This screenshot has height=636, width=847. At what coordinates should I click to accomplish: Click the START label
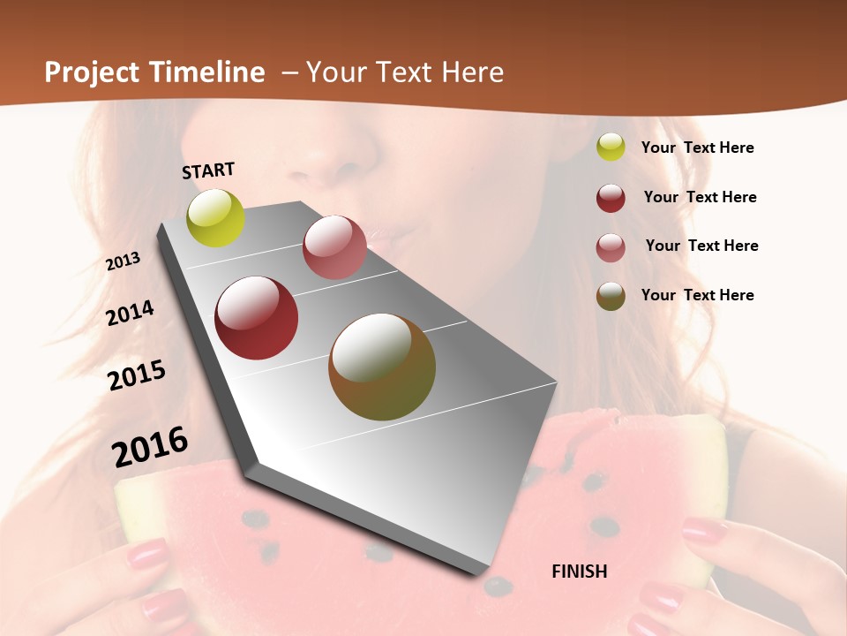(208, 170)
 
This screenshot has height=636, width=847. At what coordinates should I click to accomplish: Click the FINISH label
(580, 572)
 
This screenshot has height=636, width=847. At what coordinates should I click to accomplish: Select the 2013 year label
(123, 261)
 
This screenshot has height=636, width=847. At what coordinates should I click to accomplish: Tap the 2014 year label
(130, 314)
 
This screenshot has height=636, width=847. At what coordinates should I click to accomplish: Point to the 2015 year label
(137, 375)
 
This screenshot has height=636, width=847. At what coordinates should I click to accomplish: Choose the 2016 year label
(150, 446)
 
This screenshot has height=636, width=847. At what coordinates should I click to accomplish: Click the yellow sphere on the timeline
(216, 217)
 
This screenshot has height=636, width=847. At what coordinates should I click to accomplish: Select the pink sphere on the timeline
(334, 247)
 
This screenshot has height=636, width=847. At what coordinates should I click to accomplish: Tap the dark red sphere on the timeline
(257, 318)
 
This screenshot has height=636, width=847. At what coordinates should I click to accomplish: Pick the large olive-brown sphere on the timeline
(382, 367)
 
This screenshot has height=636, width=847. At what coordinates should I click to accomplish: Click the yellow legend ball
(611, 148)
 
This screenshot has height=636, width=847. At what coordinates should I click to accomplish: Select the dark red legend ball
(611, 198)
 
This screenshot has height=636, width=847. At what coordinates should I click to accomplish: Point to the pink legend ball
(611, 247)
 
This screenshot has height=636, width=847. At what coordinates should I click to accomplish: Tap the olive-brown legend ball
(611, 296)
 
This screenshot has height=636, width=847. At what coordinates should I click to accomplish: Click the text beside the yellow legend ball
(697, 148)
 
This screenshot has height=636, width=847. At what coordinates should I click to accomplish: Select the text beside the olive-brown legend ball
(697, 295)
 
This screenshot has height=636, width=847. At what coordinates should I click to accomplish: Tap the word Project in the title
(94, 72)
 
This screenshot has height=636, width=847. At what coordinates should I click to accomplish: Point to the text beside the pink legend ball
(701, 246)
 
